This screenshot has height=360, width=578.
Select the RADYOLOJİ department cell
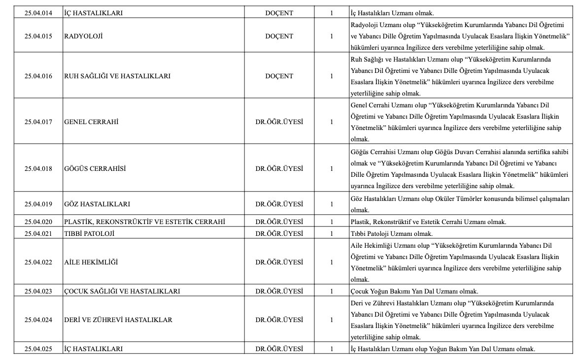tap(83, 36)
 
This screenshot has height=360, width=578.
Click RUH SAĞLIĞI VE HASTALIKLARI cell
tap(117, 76)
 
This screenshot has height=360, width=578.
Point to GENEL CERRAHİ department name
tap(91, 122)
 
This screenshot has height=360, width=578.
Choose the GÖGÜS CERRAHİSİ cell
tap(95, 168)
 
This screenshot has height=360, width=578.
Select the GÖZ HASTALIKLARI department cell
tap(97, 204)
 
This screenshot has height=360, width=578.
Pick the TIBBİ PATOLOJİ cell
tap(89, 233)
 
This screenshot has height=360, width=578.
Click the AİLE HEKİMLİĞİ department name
tap(91, 262)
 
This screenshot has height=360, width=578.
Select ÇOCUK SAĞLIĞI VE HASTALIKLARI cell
tap(122, 291)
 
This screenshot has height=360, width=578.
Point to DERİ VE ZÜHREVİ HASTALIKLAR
tap(118, 320)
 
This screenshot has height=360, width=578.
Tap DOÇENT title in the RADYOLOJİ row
tap(279, 36)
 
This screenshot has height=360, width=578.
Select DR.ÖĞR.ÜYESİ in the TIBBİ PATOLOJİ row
tap(279, 233)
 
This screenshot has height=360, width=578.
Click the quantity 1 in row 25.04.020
tap(332, 222)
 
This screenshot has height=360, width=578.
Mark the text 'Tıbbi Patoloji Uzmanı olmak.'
tap(391, 233)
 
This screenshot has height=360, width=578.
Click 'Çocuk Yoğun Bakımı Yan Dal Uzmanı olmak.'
tap(414, 291)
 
